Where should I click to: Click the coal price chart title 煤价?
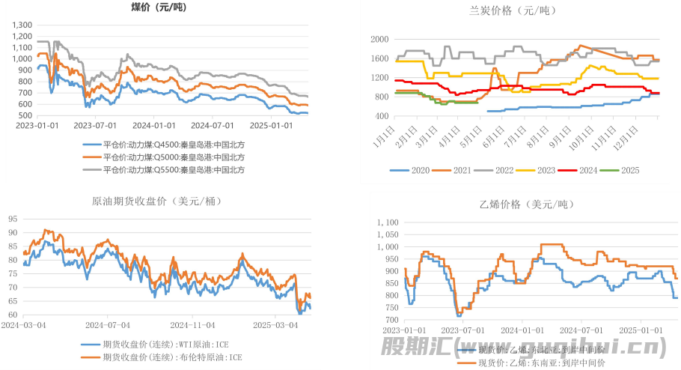(159, 7)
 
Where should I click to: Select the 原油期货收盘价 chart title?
(156, 201)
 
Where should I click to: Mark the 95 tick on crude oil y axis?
(13, 219)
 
